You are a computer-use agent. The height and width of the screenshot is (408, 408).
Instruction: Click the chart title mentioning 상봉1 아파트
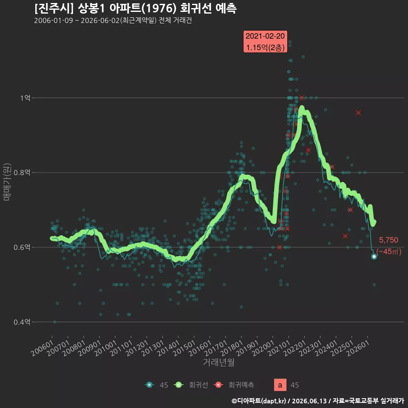tap(135, 8)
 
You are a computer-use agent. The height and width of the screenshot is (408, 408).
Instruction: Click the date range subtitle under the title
tap(113, 20)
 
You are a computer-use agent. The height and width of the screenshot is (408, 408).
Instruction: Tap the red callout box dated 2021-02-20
tap(265, 42)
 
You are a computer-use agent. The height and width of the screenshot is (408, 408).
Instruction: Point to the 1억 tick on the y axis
tap(25, 98)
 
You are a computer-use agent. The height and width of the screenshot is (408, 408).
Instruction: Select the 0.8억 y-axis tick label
tap(22, 173)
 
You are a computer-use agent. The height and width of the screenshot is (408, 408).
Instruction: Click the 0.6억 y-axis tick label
tap(22, 247)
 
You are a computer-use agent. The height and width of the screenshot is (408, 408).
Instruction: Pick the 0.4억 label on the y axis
tap(22, 322)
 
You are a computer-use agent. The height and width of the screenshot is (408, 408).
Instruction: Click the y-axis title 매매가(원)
tap(7, 182)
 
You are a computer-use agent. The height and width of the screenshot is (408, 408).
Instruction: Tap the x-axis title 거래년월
tap(218, 362)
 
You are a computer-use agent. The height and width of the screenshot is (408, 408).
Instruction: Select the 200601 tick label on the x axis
tap(42, 348)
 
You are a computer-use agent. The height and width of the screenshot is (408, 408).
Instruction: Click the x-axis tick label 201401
tap(169, 348)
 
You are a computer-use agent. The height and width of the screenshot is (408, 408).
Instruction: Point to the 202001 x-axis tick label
tap(263, 348)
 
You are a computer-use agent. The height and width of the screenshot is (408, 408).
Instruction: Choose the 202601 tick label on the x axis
tap(358, 348)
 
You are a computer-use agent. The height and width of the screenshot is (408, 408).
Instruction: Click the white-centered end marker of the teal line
tap(374, 257)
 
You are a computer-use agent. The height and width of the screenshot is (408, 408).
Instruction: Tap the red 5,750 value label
tap(388, 240)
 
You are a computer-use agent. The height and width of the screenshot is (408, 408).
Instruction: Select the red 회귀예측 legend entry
tap(233, 385)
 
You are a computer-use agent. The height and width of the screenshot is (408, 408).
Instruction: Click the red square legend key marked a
tap(280, 385)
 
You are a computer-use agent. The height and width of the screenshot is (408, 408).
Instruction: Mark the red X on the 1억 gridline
tap(302, 98)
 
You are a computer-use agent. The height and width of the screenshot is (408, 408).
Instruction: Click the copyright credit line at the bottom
tap(318, 401)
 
